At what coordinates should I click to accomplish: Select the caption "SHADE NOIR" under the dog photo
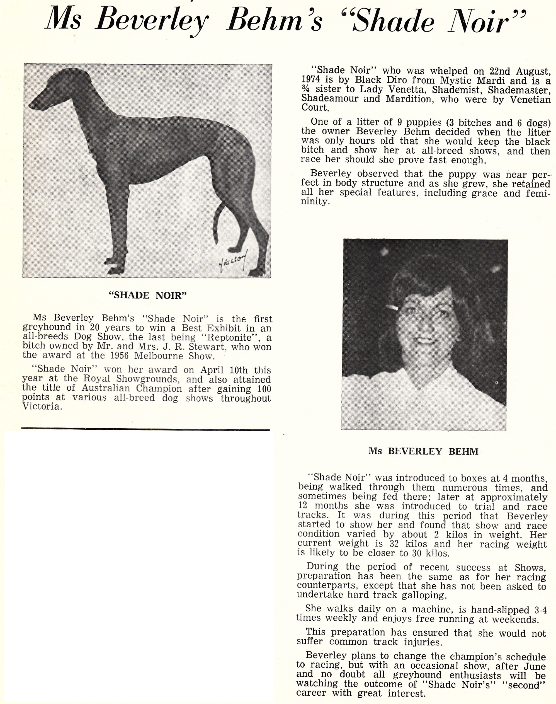(147, 295)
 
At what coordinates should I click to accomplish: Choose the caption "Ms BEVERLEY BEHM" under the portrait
(423, 451)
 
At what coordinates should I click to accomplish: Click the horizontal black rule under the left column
(145, 430)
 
